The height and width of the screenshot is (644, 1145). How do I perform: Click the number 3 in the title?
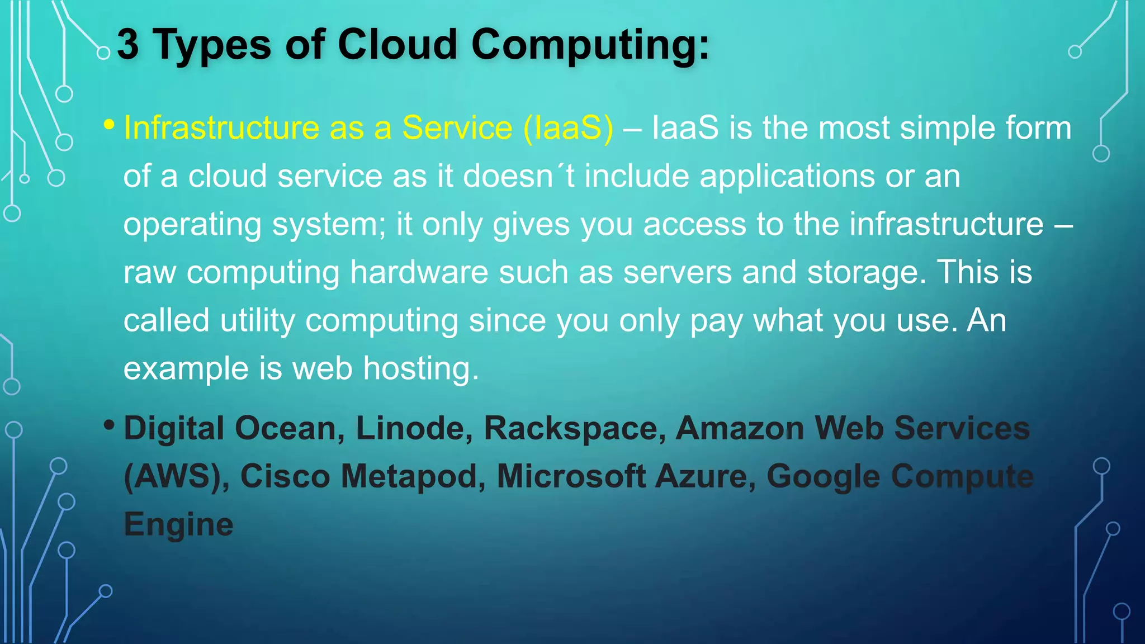128,45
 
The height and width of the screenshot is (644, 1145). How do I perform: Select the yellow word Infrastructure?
221,127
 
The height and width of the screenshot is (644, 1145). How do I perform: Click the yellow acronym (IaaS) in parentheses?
569,129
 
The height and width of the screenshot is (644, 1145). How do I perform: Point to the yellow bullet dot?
109,125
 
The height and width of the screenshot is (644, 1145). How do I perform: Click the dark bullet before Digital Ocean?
109,426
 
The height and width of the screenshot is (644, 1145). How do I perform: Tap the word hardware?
419,272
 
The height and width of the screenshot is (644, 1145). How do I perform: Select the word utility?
257,321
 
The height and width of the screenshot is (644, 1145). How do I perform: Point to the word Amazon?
740,428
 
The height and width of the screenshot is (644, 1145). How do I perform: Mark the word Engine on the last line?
178,525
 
